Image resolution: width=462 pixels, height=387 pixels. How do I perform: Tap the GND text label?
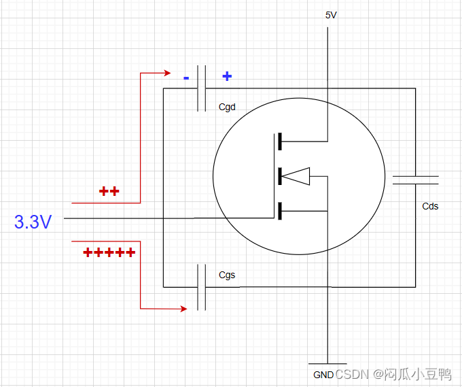(x=323, y=375)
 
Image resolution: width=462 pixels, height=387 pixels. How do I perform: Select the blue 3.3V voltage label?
(x=33, y=222)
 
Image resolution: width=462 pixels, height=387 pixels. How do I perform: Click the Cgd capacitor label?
(x=227, y=107)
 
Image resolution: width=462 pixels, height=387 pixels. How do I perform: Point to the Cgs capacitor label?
(x=227, y=275)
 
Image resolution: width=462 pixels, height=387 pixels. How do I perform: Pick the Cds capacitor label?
(x=430, y=206)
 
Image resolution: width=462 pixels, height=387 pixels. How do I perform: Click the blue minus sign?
(x=186, y=78)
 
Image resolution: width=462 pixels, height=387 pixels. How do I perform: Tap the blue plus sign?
(x=227, y=77)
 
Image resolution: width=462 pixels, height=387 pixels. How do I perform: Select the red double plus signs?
(x=109, y=192)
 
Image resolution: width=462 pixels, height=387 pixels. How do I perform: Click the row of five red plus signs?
(x=109, y=253)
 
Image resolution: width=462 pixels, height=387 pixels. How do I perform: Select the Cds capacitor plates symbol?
(x=415, y=180)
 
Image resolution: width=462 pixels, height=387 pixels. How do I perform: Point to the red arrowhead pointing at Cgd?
(x=166, y=73)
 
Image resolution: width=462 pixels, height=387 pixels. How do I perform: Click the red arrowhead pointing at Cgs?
(x=183, y=309)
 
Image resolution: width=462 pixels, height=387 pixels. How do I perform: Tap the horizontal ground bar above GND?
(x=327, y=363)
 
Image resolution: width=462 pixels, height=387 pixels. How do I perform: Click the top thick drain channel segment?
(x=279, y=142)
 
